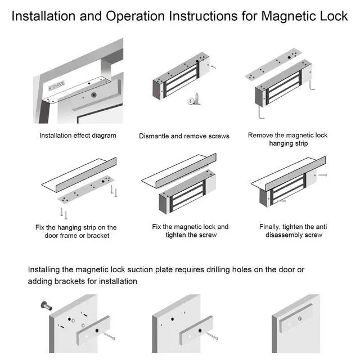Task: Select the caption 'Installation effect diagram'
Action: pyautogui.click(x=78, y=136)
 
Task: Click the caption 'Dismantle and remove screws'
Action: pyautogui.click(x=184, y=136)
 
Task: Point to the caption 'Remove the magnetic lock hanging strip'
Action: pyautogui.click(x=287, y=139)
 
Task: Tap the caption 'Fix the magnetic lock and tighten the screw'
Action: pyautogui.click(x=190, y=231)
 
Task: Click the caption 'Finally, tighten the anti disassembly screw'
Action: pyautogui.click(x=293, y=231)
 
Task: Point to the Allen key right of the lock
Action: pyautogui.click(x=310, y=84)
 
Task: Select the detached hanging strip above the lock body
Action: pyautogui.click(x=278, y=69)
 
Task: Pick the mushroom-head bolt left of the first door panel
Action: pyautogui.click(x=44, y=306)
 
